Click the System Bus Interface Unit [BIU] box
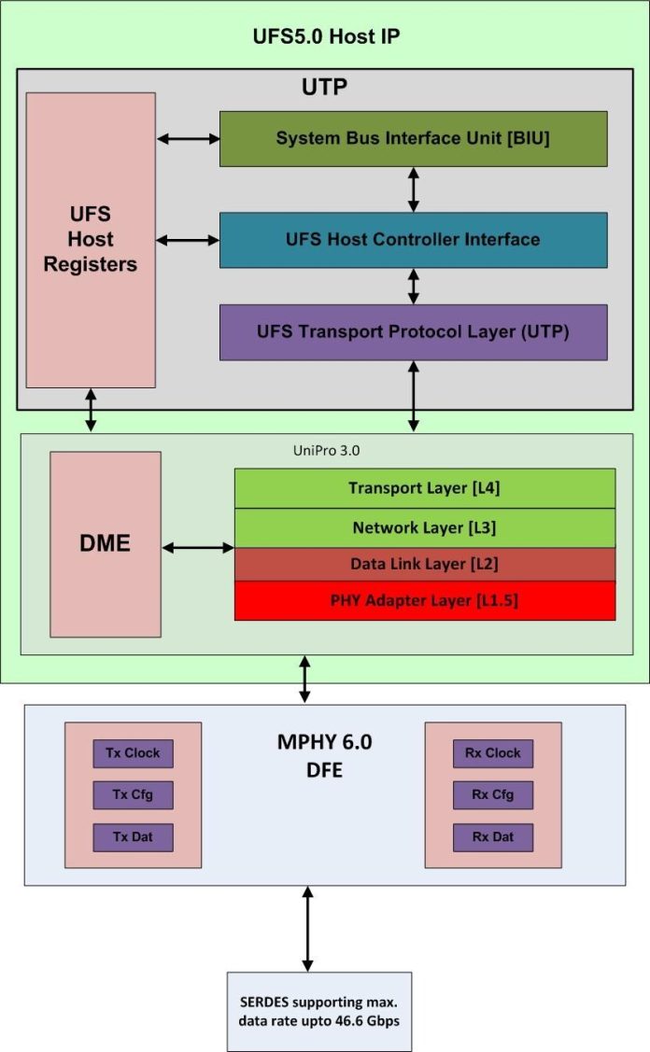pyautogui.click(x=413, y=139)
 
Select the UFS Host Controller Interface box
pyautogui.click(x=413, y=240)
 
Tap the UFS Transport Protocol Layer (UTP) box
pyautogui.click(x=413, y=332)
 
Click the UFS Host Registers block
pyautogui.click(x=91, y=240)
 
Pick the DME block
pyautogui.click(x=106, y=544)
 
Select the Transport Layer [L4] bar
pyautogui.click(x=424, y=488)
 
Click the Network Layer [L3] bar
pyautogui.click(x=424, y=527)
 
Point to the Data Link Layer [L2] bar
pyautogui.click(x=424, y=564)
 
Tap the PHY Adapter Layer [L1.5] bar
pyautogui.click(x=424, y=600)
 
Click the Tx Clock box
pyautogui.click(x=133, y=753)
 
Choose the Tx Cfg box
pyautogui.click(x=133, y=795)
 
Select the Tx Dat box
pyautogui.click(x=133, y=836)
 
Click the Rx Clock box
pyautogui.click(x=493, y=753)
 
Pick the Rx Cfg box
pyautogui.click(x=493, y=795)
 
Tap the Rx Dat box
pyautogui.click(x=493, y=836)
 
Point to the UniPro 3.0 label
pyautogui.click(x=326, y=450)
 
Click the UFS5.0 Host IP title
pyautogui.click(x=327, y=37)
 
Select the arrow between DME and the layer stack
pyautogui.click(x=197, y=547)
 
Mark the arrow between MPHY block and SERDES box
pyautogui.click(x=306, y=929)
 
